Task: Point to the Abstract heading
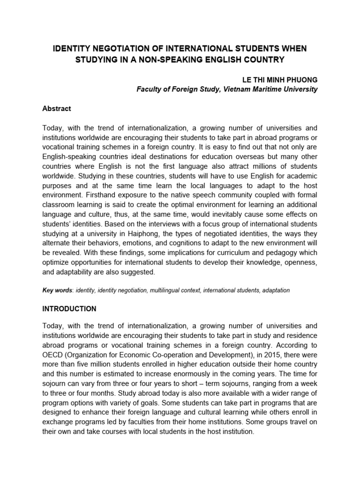click(x=57, y=108)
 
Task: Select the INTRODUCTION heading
click(x=69, y=309)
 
